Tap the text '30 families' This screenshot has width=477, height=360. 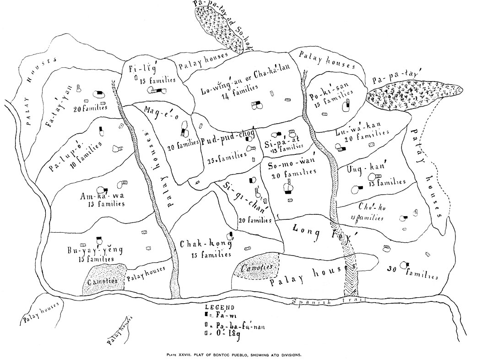[x=412, y=272]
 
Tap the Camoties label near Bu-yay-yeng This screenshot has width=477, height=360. [x=102, y=279]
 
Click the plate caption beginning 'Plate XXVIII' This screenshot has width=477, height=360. [x=238, y=353]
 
